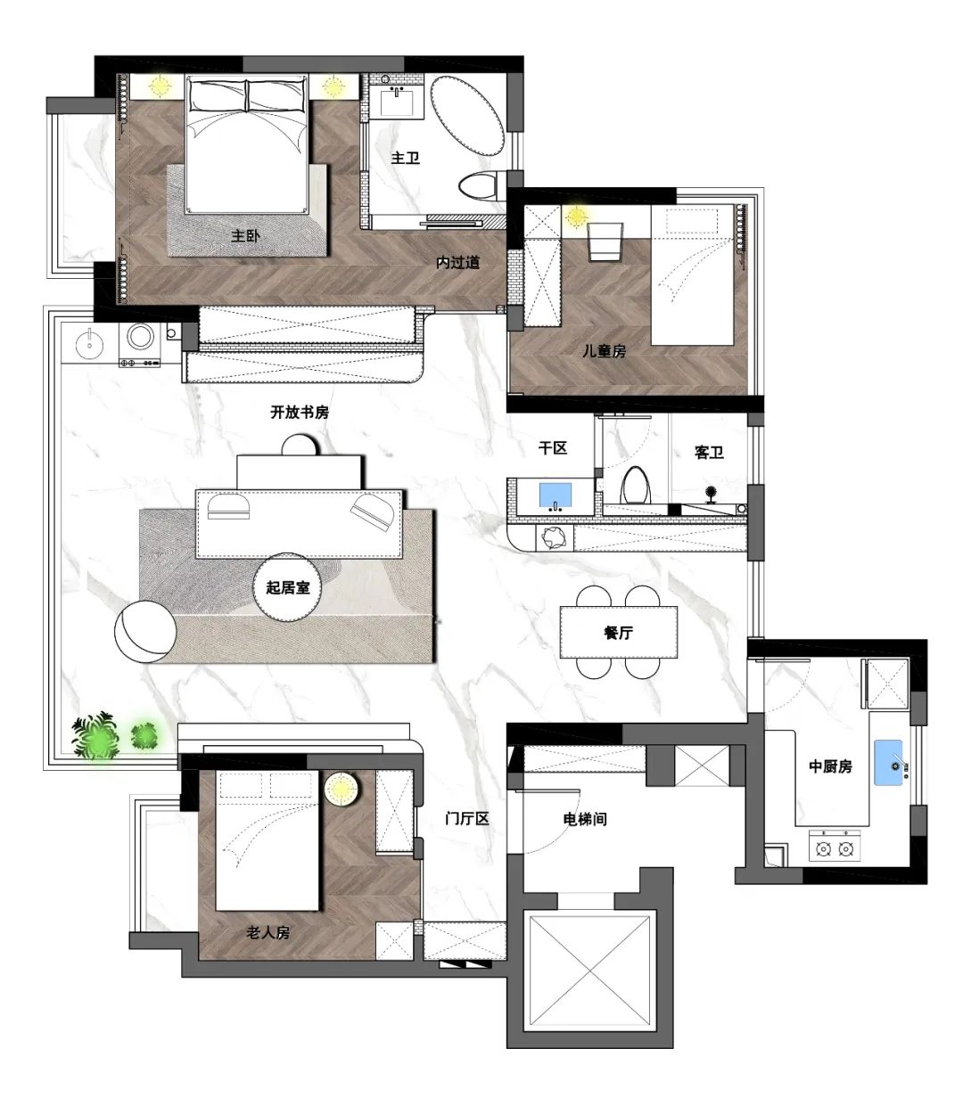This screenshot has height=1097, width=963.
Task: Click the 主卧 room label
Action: [245, 236]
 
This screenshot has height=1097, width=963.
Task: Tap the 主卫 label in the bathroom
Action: [406, 158]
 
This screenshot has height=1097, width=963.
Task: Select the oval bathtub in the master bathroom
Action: [466, 115]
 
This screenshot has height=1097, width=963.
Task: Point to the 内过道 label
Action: [458, 263]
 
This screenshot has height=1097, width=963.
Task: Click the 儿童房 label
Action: [605, 351]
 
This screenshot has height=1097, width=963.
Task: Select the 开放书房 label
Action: [299, 413]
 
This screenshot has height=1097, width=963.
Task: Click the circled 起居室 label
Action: [287, 587]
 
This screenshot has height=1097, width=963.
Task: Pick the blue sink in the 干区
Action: [555, 496]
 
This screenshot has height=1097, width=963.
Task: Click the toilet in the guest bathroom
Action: [635, 485]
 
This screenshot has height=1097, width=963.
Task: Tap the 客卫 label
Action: [708, 452]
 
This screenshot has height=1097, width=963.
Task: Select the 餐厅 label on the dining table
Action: [618, 632]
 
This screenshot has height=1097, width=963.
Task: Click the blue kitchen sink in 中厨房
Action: [888, 763]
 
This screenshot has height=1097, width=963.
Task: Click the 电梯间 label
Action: [585, 819]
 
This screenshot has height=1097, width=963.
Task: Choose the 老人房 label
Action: [268, 932]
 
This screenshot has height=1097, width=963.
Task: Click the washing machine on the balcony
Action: [140, 344]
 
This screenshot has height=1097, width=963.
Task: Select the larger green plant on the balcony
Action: [96, 735]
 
